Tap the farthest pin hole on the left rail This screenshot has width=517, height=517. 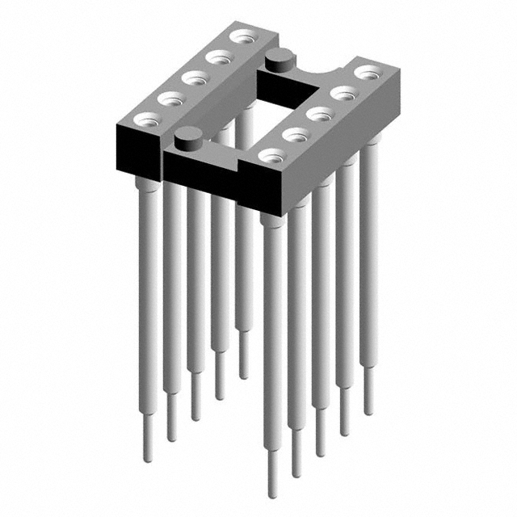pyautogui.click(x=241, y=37)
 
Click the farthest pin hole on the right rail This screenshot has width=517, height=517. pyautogui.click(x=365, y=74)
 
